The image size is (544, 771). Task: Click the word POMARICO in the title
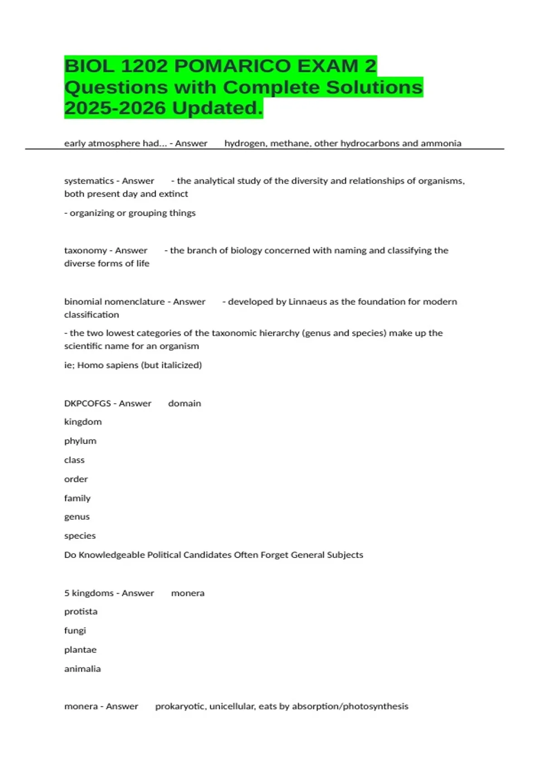pos(232,66)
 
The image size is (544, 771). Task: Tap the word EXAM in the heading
pos(328,66)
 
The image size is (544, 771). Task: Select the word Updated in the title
pos(217,108)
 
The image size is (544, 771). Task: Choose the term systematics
pos(89,181)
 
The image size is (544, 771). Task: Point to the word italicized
pos(180,365)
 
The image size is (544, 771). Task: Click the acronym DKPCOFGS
pos(87,403)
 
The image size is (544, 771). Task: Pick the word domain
pos(185,403)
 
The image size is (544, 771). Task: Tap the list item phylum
pos(80,441)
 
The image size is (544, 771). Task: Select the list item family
pos(78,498)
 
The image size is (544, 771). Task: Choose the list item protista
pos(81,611)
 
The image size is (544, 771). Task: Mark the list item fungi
pos(75,630)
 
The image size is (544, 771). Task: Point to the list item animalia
pos(83,669)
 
